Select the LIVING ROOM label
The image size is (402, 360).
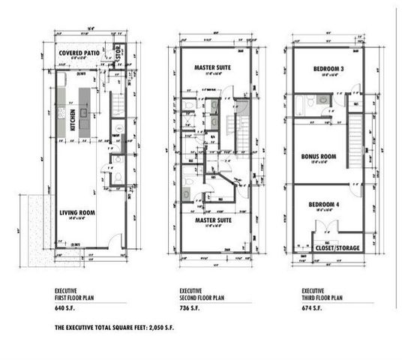[78, 213]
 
